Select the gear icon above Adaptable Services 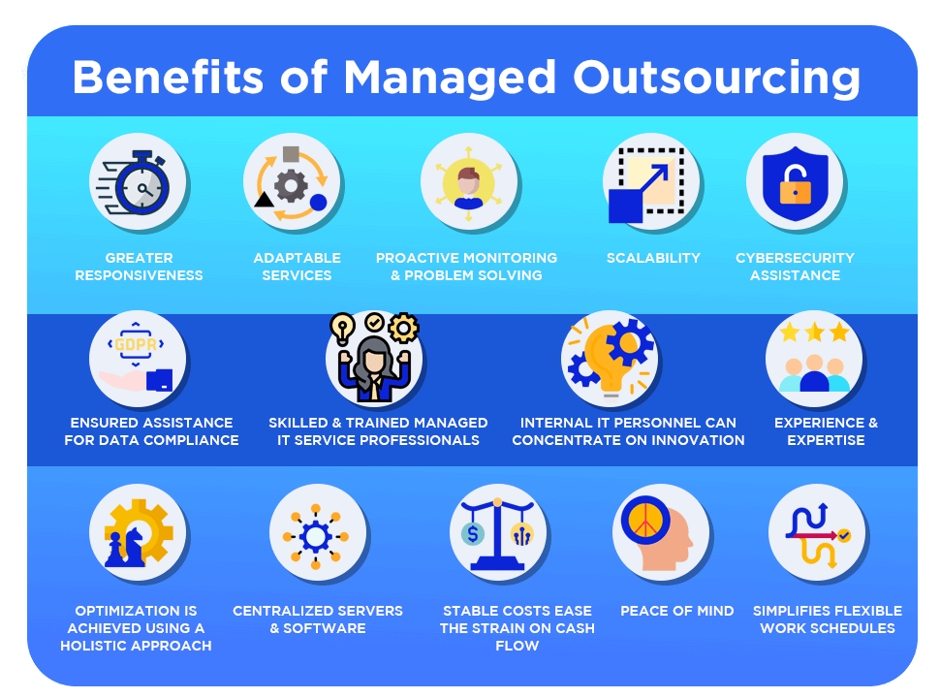pyautogui.click(x=291, y=183)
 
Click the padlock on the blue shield pyautogui.click(x=795, y=184)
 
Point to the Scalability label pyautogui.click(x=653, y=258)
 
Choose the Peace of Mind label pyautogui.click(x=677, y=611)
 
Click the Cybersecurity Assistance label pyautogui.click(x=795, y=267)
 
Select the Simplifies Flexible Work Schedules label pyautogui.click(x=828, y=619)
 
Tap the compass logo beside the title pyautogui.click(x=44, y=72)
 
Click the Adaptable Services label pyautogui.click(x=298, y=267)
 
